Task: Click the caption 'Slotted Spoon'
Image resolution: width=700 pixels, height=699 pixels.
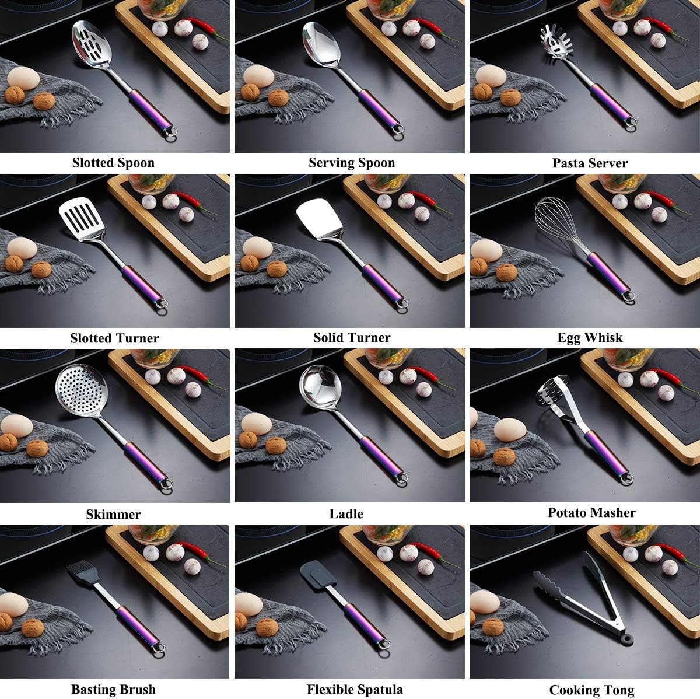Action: coord(113,162)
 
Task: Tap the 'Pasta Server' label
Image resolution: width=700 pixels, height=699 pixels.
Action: coord(590,163)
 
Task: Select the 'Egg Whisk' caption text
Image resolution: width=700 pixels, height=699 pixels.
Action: coord(590,338)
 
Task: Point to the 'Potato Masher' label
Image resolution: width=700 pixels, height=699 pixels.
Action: coord(591,512)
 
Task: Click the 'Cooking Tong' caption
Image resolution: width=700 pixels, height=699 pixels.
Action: coord(591,690)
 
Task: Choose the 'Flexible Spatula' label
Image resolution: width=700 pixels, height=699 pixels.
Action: coord(355,689)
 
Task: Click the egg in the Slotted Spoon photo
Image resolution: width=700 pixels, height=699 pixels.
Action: coord(23,78)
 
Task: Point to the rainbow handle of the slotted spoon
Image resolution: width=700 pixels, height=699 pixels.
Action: coord(150,109)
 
